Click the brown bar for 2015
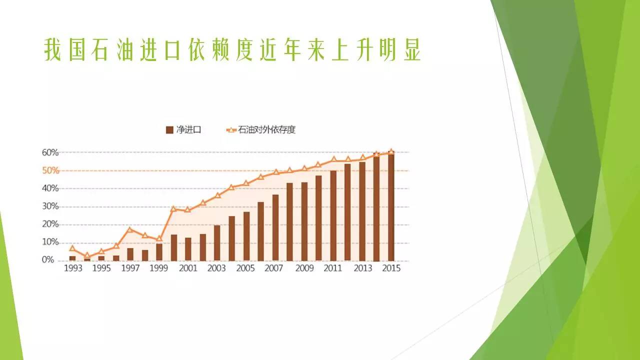(x=391, y=207)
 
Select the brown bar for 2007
(x=275, y=227)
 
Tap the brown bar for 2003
(x=217, y=243)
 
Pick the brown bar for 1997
(x=130, y=254)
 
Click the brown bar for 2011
(x=333, y=215)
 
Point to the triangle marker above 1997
(x=129, y=229)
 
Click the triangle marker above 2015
(x=391, y=151)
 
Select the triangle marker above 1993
(x=72, y=248)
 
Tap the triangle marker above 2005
(x=246, y=183)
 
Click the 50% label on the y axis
(x=50, y=170)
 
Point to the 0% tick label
(x=47, y=259)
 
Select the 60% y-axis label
(x=50, y=152)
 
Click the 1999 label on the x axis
(x=159, y=268)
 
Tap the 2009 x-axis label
(x=304, y=268)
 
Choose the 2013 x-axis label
(x=363, y=268)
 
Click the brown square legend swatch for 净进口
(x=169, y=130)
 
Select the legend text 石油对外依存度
(x=266, y=130)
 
